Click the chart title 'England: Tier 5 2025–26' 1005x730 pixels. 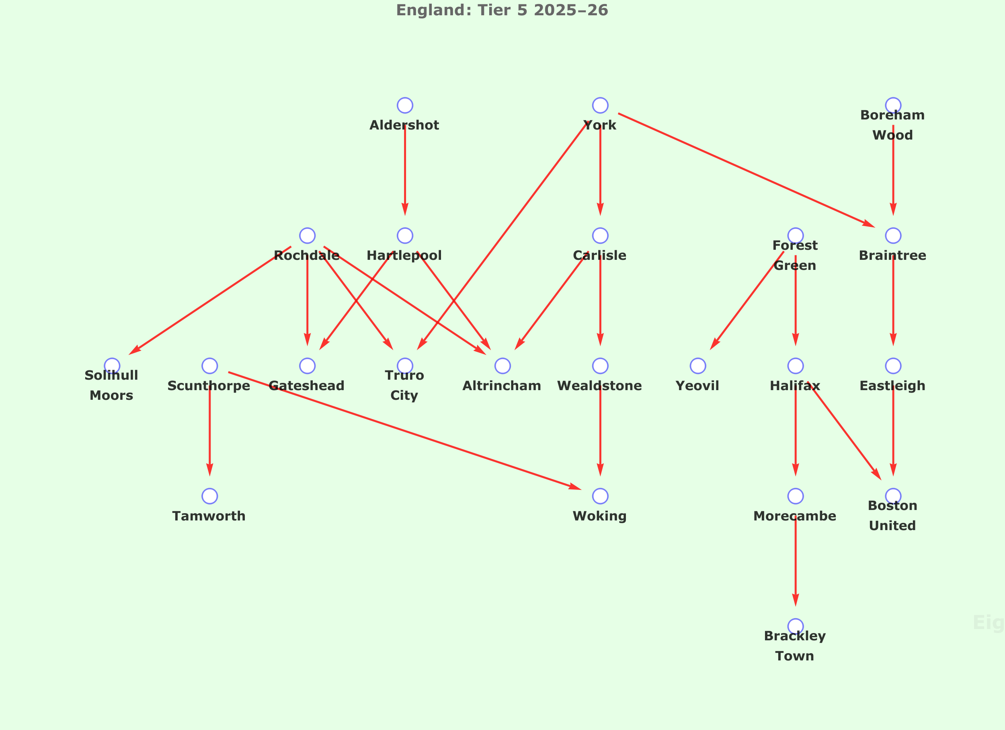point(502,10)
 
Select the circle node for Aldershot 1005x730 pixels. point(405,105)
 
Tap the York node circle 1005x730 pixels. point(600,105)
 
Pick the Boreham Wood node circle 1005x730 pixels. point(893,105)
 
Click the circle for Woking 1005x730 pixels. point(600,496)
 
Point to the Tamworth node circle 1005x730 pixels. point(209,496)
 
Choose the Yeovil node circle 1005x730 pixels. point(698,366)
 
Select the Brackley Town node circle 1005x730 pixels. point(796,626)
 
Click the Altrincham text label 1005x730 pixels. point(502,386)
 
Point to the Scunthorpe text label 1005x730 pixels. point(209,386)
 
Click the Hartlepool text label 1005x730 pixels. point(404,255)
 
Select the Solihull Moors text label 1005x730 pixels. point(111,385)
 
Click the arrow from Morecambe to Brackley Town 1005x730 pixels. point(796,561)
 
